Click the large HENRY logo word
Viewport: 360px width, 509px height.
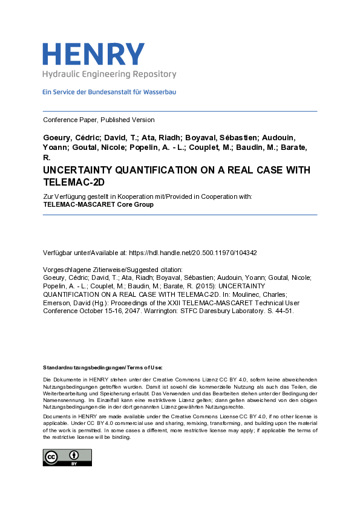[x=93, y=54]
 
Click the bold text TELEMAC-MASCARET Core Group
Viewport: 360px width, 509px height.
[x=98, y=204]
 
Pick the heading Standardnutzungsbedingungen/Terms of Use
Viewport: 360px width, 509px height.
[x=102, y=368]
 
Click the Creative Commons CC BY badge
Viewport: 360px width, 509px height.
[x=67, y=457]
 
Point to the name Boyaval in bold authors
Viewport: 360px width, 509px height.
[x=191, y=138]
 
